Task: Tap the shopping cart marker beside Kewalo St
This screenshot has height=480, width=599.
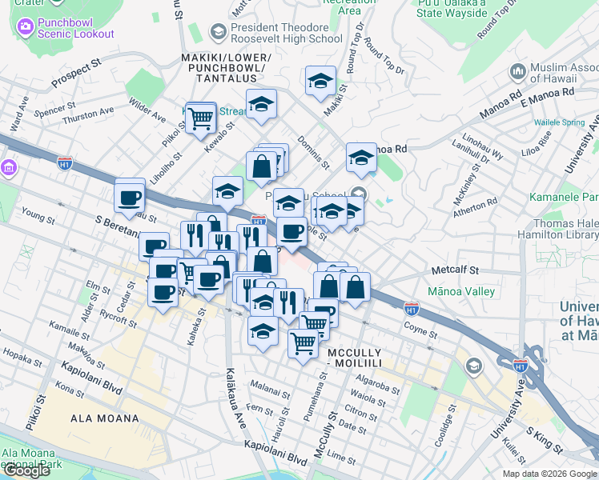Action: pos(200,119)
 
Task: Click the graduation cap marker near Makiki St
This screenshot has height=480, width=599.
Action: pos(320,82)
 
